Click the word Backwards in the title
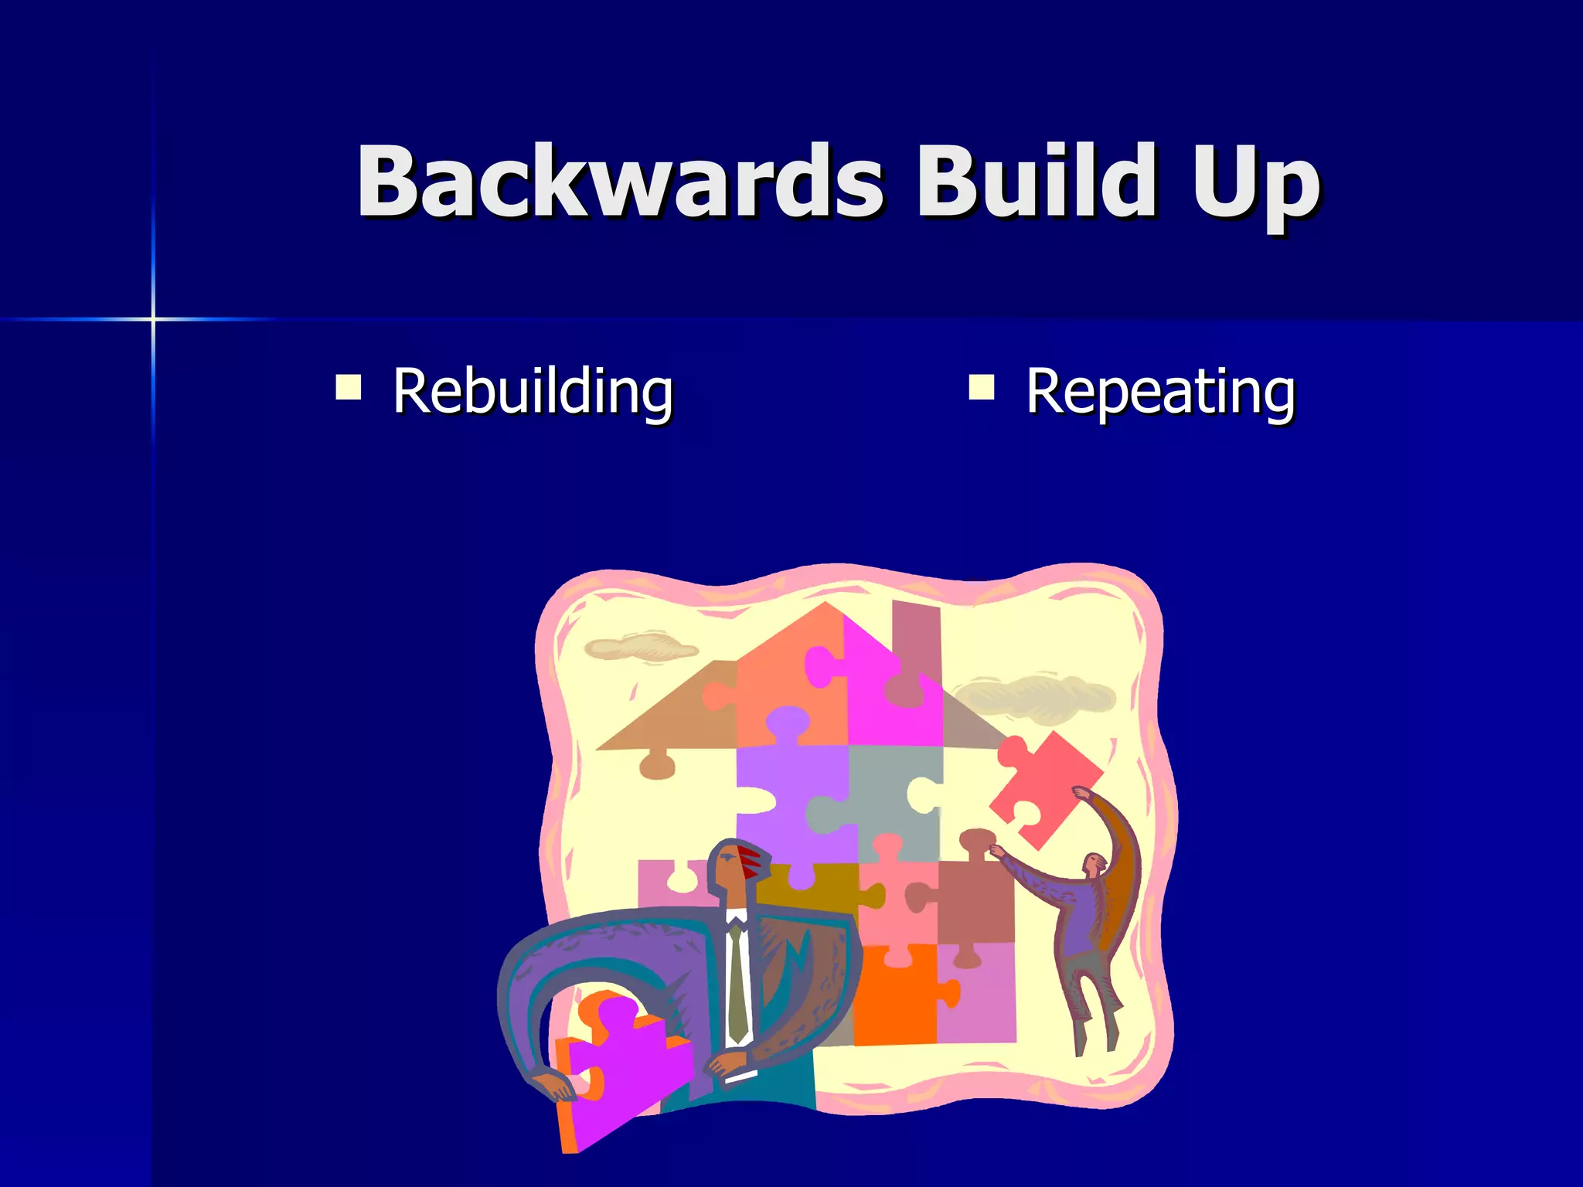pyautogui.click(x=618, y=182)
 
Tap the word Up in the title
pyautogui.click(x=1255, y=185)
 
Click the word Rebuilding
pyautogui.click(x=533, y=393)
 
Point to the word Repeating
pyautogui.click(x=1160, y=393)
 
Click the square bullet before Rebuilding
pyautogui.click(x=349, y=386)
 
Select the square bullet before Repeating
pyautogui.click(x=981, y=386)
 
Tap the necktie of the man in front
pyautogui.click(x=737, y=981)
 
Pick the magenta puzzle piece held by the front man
pyautogui.click(x=618, y=1066)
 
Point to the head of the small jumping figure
pyautogui.click(x=1094, y=864)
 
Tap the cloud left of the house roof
pyautogui.click(x=640, y=646)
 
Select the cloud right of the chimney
pyautogui.click(x=1036, y=696)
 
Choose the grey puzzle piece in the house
pyautogui.click(x=889, y=796)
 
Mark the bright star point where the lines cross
pyautogui.click(x=153, y=318)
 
